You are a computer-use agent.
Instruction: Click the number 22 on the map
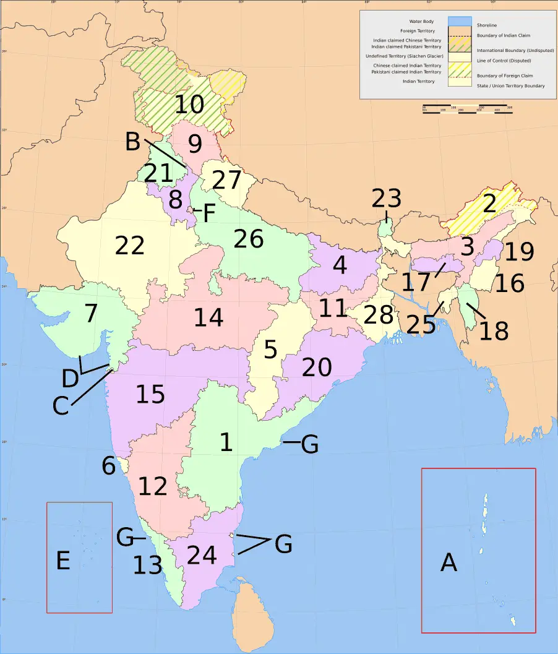130,246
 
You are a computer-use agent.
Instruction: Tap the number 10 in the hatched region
189,105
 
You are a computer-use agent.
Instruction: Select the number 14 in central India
208,317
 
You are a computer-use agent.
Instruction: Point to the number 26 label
249,239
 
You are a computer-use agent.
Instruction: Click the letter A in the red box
449,562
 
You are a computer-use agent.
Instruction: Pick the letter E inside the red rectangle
62,561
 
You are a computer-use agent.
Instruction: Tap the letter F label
208,214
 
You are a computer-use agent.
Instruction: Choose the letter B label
132,142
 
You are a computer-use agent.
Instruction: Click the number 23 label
386,199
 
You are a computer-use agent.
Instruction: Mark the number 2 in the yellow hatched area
489,204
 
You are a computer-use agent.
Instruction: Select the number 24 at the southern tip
202,555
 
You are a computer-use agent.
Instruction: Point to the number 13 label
147,565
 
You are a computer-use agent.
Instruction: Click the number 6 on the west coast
109,466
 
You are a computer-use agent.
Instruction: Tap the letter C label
60,407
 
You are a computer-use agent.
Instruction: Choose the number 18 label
494,330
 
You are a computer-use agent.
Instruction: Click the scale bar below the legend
467,109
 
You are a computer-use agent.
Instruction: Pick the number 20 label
317,368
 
